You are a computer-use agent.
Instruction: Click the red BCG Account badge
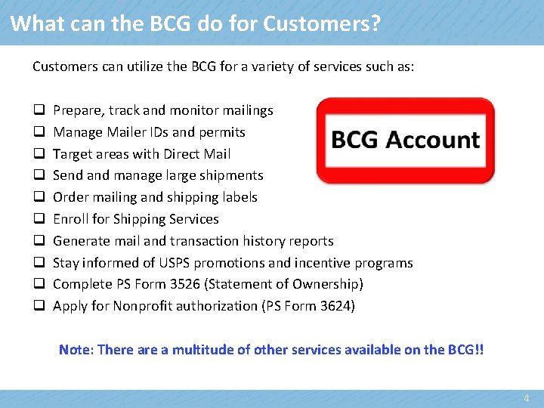[x=405, y=141]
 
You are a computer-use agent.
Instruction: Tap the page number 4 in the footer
[x=527, y=398]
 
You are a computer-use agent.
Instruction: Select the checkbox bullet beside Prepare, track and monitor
[x=37, y=110]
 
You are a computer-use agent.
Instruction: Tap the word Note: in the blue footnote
[x=76, y=350]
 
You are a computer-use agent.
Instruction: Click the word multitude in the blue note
[x=211, y=350]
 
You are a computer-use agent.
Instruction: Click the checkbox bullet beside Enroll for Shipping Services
[x=37, y=219]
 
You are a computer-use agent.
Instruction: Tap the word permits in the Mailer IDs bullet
[x=222, y=132]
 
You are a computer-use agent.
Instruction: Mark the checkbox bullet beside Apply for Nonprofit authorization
[x=37, y=306]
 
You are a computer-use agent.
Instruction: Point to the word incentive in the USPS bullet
[x=311, y=263]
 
